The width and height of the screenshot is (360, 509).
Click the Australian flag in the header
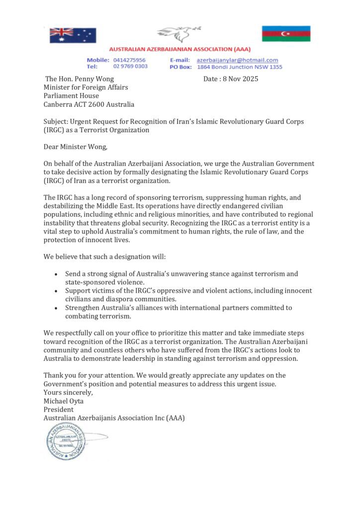point(73,35)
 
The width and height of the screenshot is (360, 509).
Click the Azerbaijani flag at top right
point(286,33)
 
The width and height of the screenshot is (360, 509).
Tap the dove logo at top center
point(180,35)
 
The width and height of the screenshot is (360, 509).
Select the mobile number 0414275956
point(129,60)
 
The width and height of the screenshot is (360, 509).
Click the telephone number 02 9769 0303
point(130,67)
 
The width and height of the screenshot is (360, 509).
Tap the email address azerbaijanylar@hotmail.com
point(237,60)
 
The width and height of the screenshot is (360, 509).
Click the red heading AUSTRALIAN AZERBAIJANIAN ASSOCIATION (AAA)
point(180,49)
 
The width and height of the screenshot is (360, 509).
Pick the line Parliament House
point(71,96)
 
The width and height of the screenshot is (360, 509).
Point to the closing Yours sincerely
point(68,392)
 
